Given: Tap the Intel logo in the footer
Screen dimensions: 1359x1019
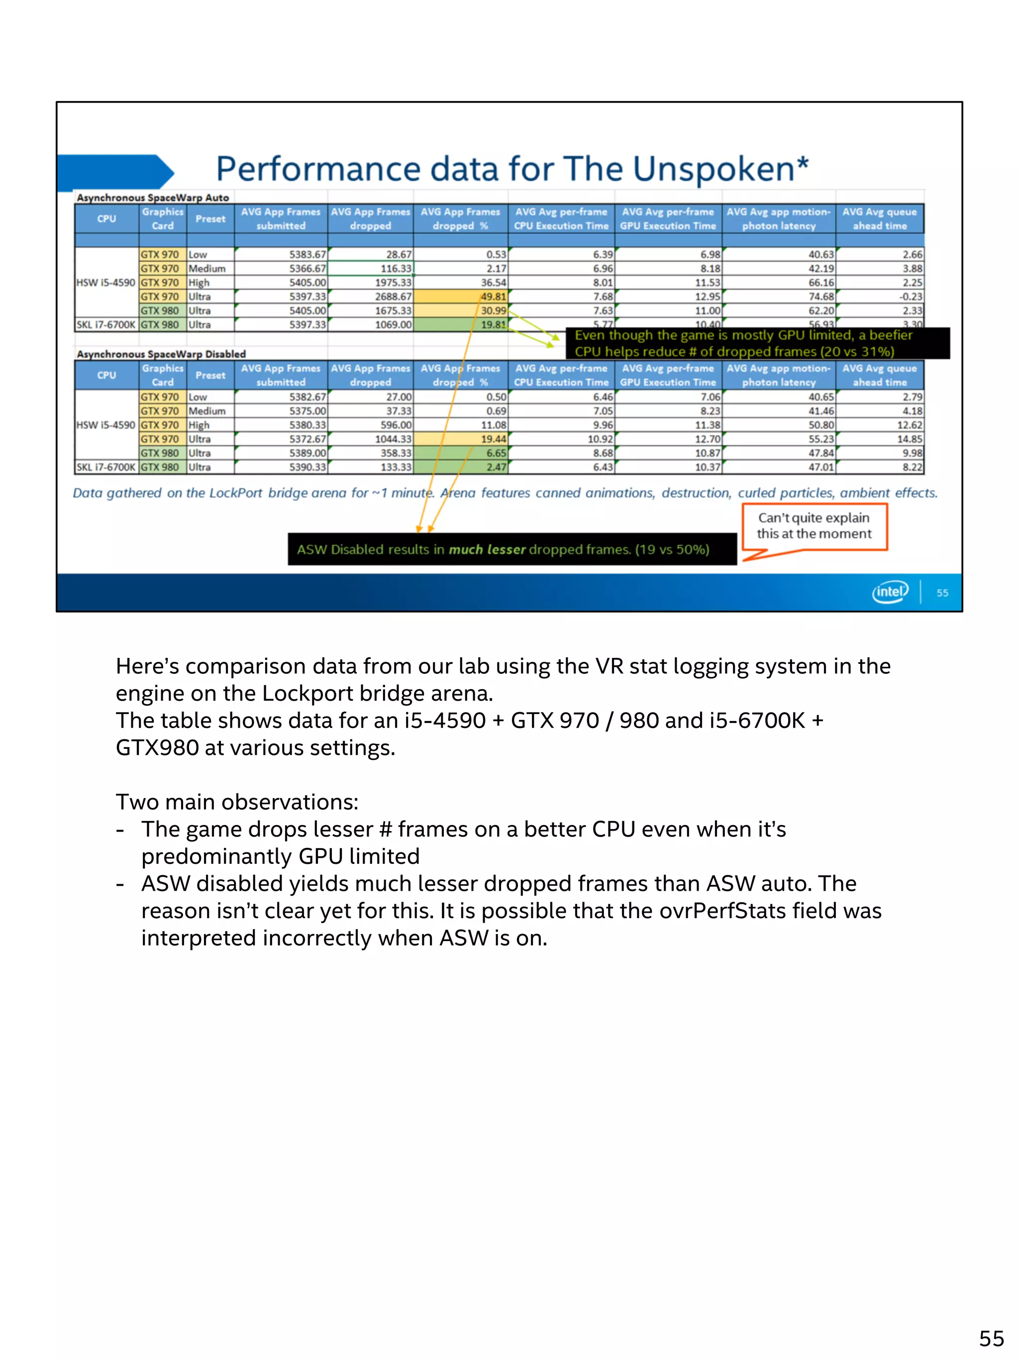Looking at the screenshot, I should coord(890,592).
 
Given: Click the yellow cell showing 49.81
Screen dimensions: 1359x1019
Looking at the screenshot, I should coord(461,297).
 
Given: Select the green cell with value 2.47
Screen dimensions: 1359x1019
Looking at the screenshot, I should coord(461,467).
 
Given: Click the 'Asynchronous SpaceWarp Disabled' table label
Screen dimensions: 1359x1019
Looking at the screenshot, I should coord(161,354).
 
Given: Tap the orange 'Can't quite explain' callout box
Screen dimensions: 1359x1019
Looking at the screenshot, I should coord(814,526).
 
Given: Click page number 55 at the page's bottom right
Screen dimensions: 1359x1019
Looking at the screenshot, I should coord(991,1338).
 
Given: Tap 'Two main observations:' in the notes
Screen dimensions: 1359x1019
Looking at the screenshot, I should coord(237,802).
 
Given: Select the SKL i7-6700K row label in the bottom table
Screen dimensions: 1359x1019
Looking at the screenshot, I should coord(105,467).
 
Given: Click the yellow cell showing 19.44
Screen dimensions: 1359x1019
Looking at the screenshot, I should coord(461,439).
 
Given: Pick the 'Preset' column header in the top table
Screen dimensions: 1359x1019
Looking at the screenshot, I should coord(210,219).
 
